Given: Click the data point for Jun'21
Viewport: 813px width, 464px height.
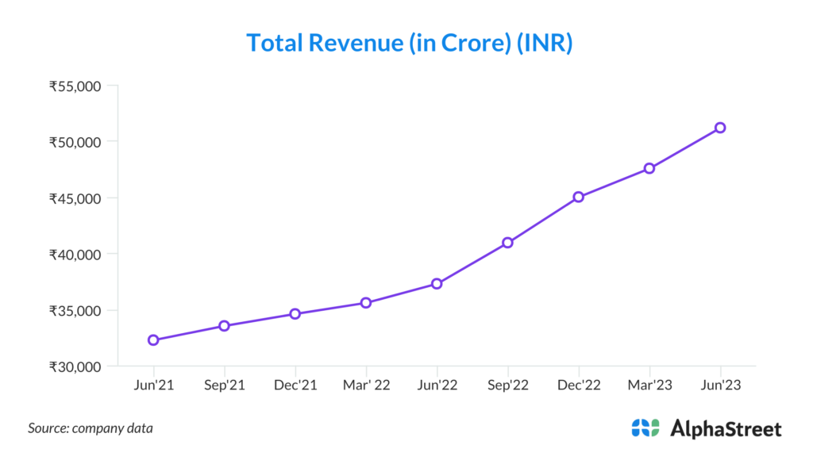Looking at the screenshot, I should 153,340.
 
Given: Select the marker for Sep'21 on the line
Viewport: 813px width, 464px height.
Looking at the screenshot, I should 225,326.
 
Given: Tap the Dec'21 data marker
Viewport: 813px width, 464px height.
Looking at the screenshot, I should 295,314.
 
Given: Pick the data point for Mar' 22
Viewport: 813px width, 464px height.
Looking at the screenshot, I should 366,303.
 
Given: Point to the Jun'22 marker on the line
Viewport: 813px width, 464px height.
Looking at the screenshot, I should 437,284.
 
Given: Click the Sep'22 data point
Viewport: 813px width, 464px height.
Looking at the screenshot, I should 507,243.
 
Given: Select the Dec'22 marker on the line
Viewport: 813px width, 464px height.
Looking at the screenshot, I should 579,197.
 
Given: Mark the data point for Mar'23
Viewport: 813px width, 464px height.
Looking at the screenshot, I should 649,168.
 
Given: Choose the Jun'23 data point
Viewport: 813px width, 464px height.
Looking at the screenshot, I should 720,128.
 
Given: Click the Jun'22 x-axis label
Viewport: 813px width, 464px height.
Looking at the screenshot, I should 437,385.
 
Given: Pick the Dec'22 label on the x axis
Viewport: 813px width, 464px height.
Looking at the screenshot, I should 579,385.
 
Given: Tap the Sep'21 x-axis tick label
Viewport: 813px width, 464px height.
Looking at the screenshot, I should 225,385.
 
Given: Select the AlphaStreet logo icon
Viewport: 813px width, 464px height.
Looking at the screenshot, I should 645,428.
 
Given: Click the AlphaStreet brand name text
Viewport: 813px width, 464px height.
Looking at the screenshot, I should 726,429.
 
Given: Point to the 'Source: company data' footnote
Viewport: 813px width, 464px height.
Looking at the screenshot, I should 91,428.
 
